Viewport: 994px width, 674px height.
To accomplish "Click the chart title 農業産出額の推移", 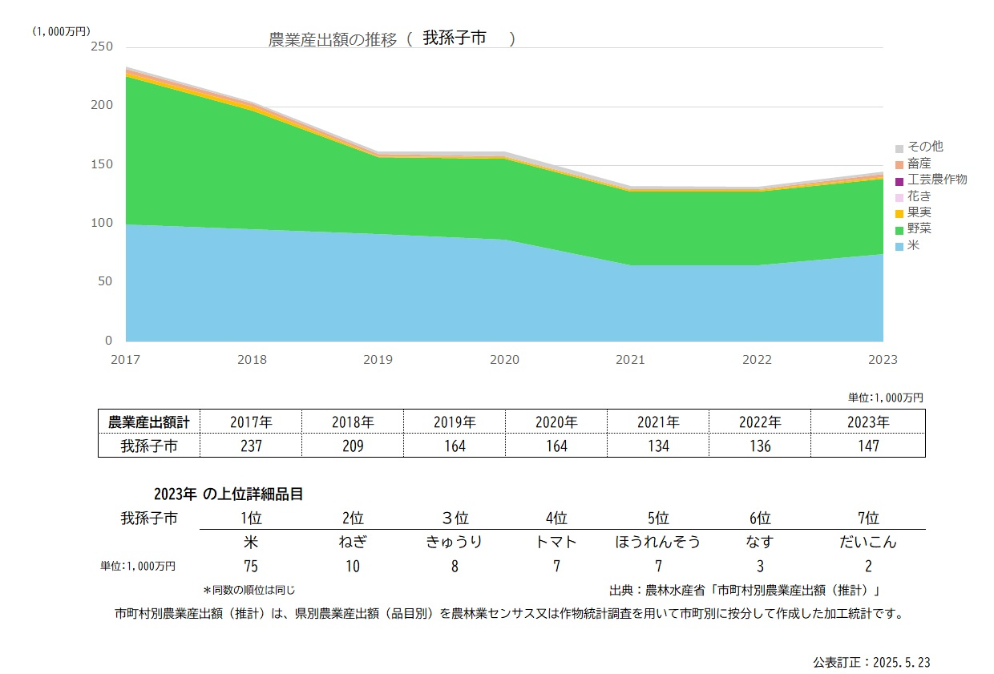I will tap(332, 40).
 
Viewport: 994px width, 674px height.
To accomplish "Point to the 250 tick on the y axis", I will tap(103, 46).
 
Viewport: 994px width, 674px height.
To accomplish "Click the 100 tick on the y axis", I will tap(103, 223).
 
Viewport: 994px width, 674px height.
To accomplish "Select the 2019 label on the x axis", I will tap(378, 360).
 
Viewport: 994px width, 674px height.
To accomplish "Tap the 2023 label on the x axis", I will tap(883, 360).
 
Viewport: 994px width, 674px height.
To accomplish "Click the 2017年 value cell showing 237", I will tap(251, 446).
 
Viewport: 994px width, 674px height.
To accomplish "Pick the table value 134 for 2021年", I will tap(658, 446).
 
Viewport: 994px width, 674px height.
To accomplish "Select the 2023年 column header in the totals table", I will tap(867, 422).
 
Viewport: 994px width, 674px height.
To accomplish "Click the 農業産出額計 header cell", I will tap(149, 422).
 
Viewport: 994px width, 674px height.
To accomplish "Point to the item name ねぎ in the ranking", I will tap(353, 542).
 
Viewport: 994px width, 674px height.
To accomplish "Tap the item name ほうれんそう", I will tap(657, 542).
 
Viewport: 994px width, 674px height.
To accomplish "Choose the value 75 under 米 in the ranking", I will tap(251, 566).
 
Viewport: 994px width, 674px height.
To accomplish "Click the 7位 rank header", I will tap(867, 518).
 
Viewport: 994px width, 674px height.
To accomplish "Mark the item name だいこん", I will tap(867, 542).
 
